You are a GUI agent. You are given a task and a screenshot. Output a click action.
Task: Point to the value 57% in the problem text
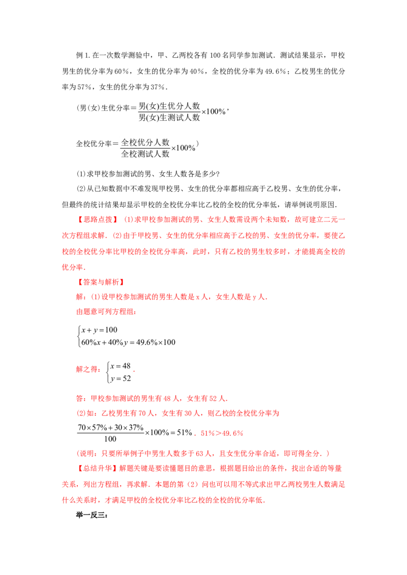pyautogui.click(x=84, y=87)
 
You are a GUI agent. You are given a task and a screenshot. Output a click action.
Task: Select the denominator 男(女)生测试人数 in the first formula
pyautogui.click(x=169, y=118)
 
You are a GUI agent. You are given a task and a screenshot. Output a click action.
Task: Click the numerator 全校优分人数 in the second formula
pyautogui.click(x=146, y=142)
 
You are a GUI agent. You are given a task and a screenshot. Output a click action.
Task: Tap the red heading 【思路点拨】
pyautogui.click(x=98, y=219)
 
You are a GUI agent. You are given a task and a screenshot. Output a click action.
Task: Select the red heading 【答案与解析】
pyautogui.click(x=101, y=282)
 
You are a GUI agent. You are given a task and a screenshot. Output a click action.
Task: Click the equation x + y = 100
pyautogui.click(x=99, y=330)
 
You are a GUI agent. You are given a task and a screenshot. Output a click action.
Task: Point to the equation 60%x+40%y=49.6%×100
pyautogui.click(x=128, y=342)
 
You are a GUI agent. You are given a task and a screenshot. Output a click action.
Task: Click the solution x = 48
pyautogui.click(x=121, y=366)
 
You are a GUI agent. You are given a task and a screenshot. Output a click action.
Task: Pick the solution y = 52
pyautogui.click(x=121, y=378)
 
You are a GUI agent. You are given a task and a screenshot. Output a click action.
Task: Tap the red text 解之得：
pyautogui.click(x=89, y=369)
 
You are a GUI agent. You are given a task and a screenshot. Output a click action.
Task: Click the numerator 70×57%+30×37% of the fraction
pyautogui.click(x=110, y=428)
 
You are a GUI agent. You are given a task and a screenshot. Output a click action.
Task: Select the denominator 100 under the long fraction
pyautogui.click(x=110, y=439)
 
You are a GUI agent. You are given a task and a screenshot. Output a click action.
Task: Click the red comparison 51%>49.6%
pyautogui.click(x=222, y=433)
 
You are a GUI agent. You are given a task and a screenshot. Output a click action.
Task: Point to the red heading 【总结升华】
pyautogui.click(x=98, y=468)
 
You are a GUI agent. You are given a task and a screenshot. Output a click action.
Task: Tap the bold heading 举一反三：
pyautogui.click(x=92, y=515)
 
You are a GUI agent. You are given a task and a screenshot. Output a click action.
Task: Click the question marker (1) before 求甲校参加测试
pyautogui.click(x=81, y=174)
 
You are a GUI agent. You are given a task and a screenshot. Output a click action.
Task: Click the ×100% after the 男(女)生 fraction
pyautogui.click(x=213, y=111)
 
